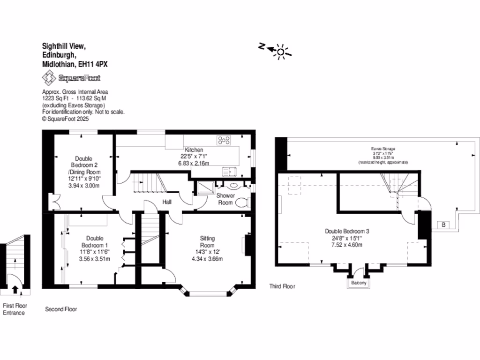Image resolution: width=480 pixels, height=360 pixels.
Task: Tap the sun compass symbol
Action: (x=280, y=51)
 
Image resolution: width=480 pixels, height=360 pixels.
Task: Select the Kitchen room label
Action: (x=194, y=150)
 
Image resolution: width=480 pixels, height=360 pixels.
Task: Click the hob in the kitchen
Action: (x=224, y=140)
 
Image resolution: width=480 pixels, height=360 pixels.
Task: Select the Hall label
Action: (x=167, y=202)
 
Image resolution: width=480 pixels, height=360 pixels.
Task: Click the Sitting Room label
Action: (x=207, y=242)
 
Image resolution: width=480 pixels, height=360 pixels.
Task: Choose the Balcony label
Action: (x=357, y=283)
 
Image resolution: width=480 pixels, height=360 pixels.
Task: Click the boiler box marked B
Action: (x=443, y=225)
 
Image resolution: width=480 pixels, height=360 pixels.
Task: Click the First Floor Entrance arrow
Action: (x=15, y=289)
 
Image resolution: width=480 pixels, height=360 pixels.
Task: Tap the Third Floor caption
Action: (x=282, y=286)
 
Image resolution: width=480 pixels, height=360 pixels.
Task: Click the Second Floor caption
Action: (x=61, y=309)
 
